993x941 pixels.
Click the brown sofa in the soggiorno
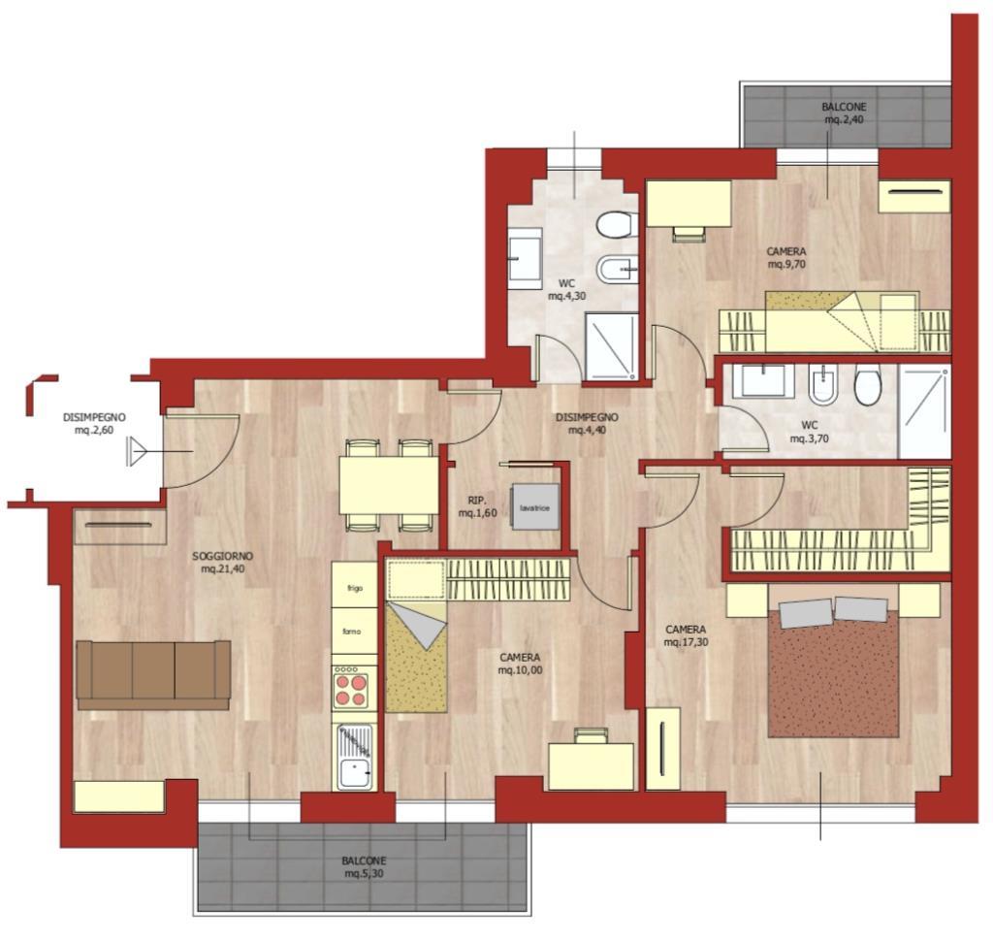[x=153, y=675]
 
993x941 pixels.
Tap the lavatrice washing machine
[x=535, y=507]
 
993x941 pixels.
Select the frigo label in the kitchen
[x=355, y=588]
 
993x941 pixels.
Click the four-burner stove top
[x=351, y=690]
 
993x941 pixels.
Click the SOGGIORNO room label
[x=223, y=557]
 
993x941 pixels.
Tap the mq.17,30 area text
[x=686, y=642]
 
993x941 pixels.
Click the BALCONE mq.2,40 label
[x=845, y=114]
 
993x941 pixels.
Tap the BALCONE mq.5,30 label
[x=364, y=867]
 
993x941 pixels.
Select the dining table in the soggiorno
[x=388, y=485]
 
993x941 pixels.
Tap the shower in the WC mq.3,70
[x=924, y=411]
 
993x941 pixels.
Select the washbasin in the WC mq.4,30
[x=525, y=259]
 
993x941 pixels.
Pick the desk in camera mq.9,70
[x=689, y=203]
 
